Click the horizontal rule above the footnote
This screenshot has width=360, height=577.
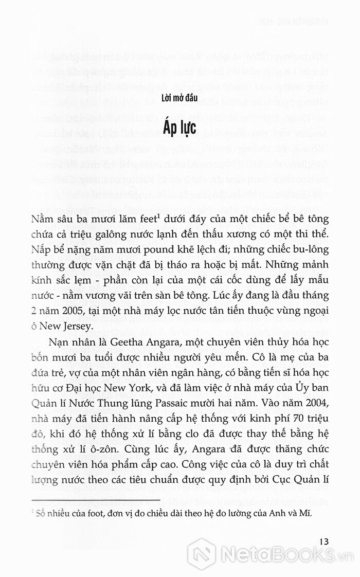click(93, 501)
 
